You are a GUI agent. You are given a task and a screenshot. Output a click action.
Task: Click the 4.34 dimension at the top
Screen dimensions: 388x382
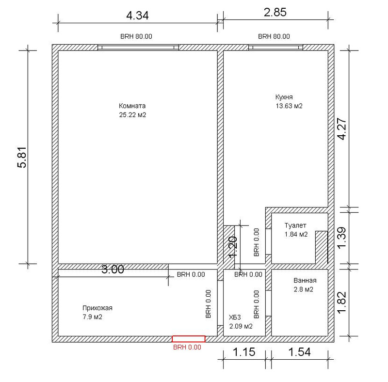[x=137, y=16]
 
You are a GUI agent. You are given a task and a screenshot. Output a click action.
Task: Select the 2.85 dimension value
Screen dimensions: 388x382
[x=275, y=12]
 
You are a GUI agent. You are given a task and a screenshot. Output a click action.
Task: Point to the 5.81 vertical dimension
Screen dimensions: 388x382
[x=22, y=158]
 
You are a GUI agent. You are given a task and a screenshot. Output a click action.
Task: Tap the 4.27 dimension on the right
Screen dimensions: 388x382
[x=343, y=129]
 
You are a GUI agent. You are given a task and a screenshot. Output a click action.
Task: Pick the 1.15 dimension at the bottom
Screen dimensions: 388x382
[x=244, y=352]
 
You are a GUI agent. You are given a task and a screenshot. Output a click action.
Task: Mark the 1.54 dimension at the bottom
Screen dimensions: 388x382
[x=299, y=352]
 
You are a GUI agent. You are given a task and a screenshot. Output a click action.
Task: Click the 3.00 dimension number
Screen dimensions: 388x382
[x=113, y=270]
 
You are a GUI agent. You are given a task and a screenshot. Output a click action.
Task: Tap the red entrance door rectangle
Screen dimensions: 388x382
[x=189, y=339]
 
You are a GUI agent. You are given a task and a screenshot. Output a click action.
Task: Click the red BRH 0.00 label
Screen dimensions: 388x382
[x=187, y=348]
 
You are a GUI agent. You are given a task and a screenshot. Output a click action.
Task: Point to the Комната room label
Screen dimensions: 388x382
[x=132, y=106]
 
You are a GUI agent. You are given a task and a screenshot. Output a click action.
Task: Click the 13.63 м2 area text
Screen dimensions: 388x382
[x=289, y=106]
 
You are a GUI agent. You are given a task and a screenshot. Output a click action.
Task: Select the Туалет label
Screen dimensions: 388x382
[x=295, y=225]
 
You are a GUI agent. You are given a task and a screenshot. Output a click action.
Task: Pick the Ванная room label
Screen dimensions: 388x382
[x=305, y=281]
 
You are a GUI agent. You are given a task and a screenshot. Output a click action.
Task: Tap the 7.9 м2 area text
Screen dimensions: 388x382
[x=92, y=317]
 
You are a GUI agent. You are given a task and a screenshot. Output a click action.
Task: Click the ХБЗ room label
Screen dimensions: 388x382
[x=235, y=317]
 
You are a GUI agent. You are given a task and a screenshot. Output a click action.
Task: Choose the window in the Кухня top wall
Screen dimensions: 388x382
[x=275, y=47]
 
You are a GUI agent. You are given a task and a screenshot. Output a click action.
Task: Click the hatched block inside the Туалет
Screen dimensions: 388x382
[x=322, y=247]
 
